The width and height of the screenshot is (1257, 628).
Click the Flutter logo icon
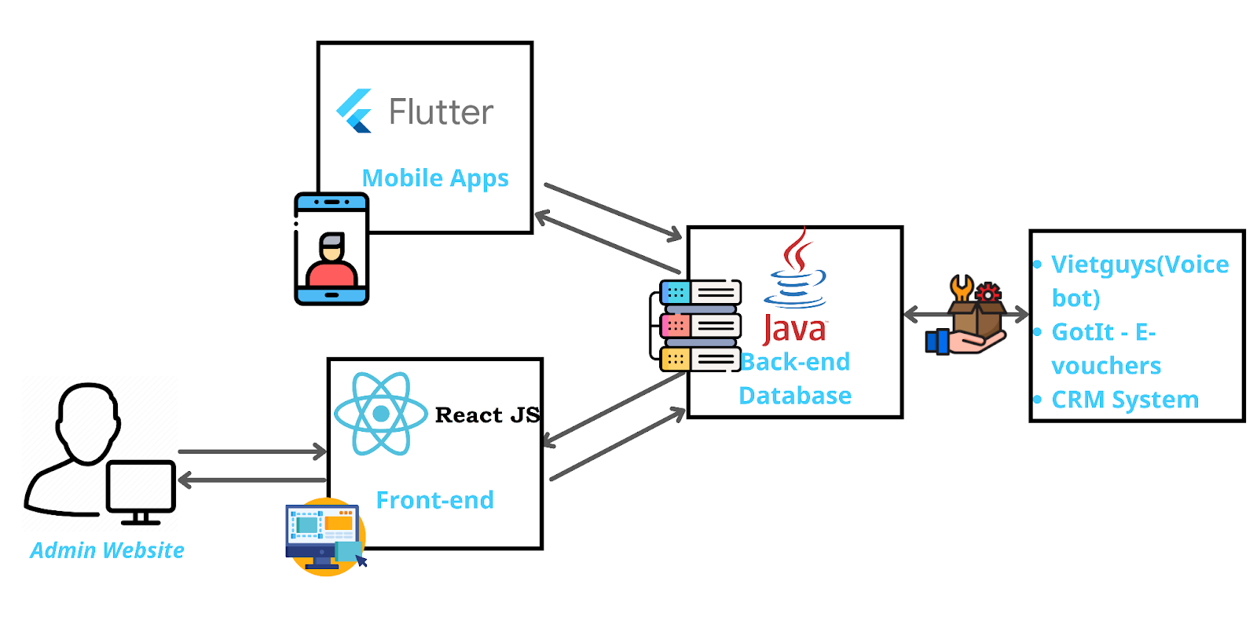click(354, 111)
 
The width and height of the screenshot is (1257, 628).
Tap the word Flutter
click(441, 112)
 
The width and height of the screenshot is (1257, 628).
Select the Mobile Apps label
click(435, 178)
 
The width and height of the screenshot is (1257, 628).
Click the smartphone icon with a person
click(332, 249)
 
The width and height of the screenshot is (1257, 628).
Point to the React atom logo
click(381, 414)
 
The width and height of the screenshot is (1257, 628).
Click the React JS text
click(487, 414)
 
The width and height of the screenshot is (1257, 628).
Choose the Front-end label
click(435, 500)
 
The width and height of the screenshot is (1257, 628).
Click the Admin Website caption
click(107, 550)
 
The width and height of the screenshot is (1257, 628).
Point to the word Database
click(795, 396)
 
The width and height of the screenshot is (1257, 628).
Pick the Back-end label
click(795, 362)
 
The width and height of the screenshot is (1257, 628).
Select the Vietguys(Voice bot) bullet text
click(1139, 281)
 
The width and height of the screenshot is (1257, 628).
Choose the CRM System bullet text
click(1125, 400)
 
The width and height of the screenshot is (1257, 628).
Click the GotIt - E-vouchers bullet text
click(1106, 349)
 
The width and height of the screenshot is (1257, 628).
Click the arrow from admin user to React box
click(251, 451)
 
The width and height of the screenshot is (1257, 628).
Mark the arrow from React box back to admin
click(251, 480)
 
